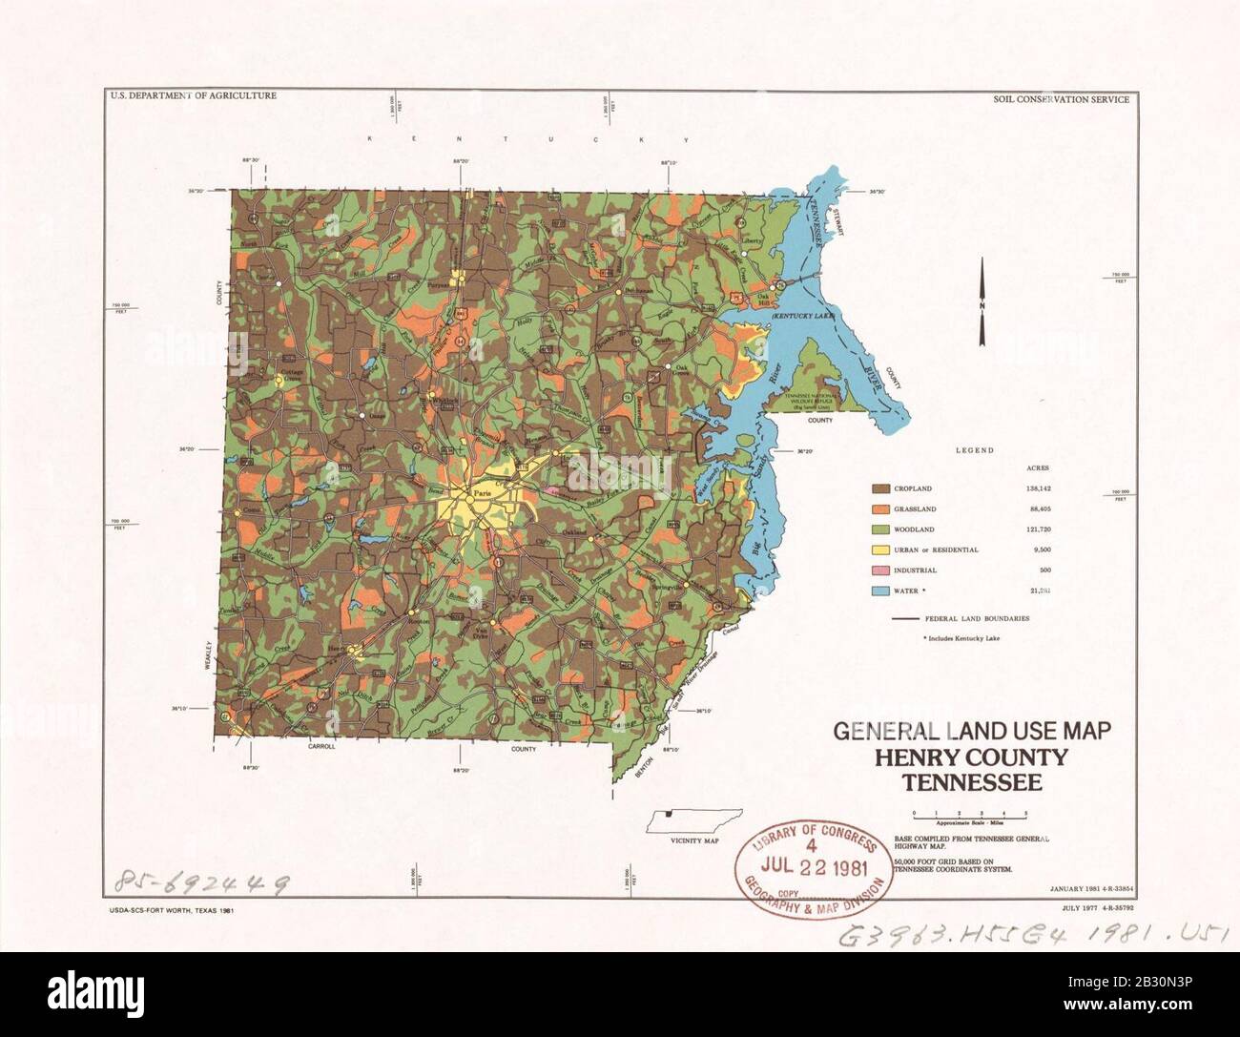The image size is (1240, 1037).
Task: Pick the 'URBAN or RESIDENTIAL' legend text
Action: [937, 550]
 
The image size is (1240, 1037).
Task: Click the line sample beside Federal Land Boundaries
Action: [911, 618]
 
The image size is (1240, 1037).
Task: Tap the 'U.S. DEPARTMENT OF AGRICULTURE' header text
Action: [193, 96]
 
